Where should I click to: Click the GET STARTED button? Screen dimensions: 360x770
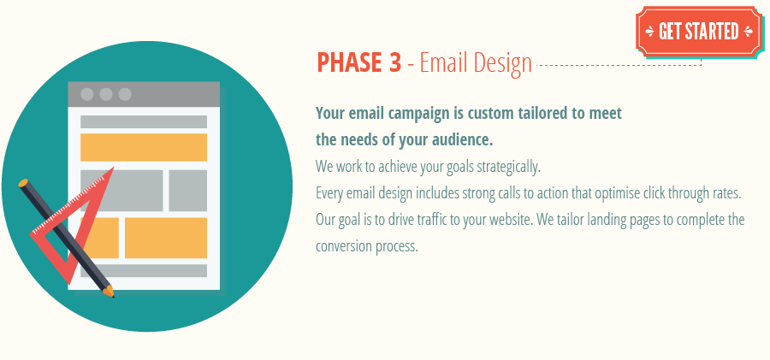tap(697, 32)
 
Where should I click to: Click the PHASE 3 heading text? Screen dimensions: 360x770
tap(358, 63)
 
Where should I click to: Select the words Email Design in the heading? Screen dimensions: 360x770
tap(476, 63)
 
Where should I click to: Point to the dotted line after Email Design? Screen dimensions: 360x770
tap(616, 64)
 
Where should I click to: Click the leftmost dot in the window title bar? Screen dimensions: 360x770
tap(87, 94)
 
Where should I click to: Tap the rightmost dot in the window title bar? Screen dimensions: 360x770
tap(125, 94)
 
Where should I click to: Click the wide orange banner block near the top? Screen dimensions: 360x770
tap(144, 147)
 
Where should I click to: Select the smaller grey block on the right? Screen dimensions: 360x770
tap(187, 190)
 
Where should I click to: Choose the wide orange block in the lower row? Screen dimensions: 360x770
tap(166, 238)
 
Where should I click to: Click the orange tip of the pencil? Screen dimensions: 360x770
tap(109, 292)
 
